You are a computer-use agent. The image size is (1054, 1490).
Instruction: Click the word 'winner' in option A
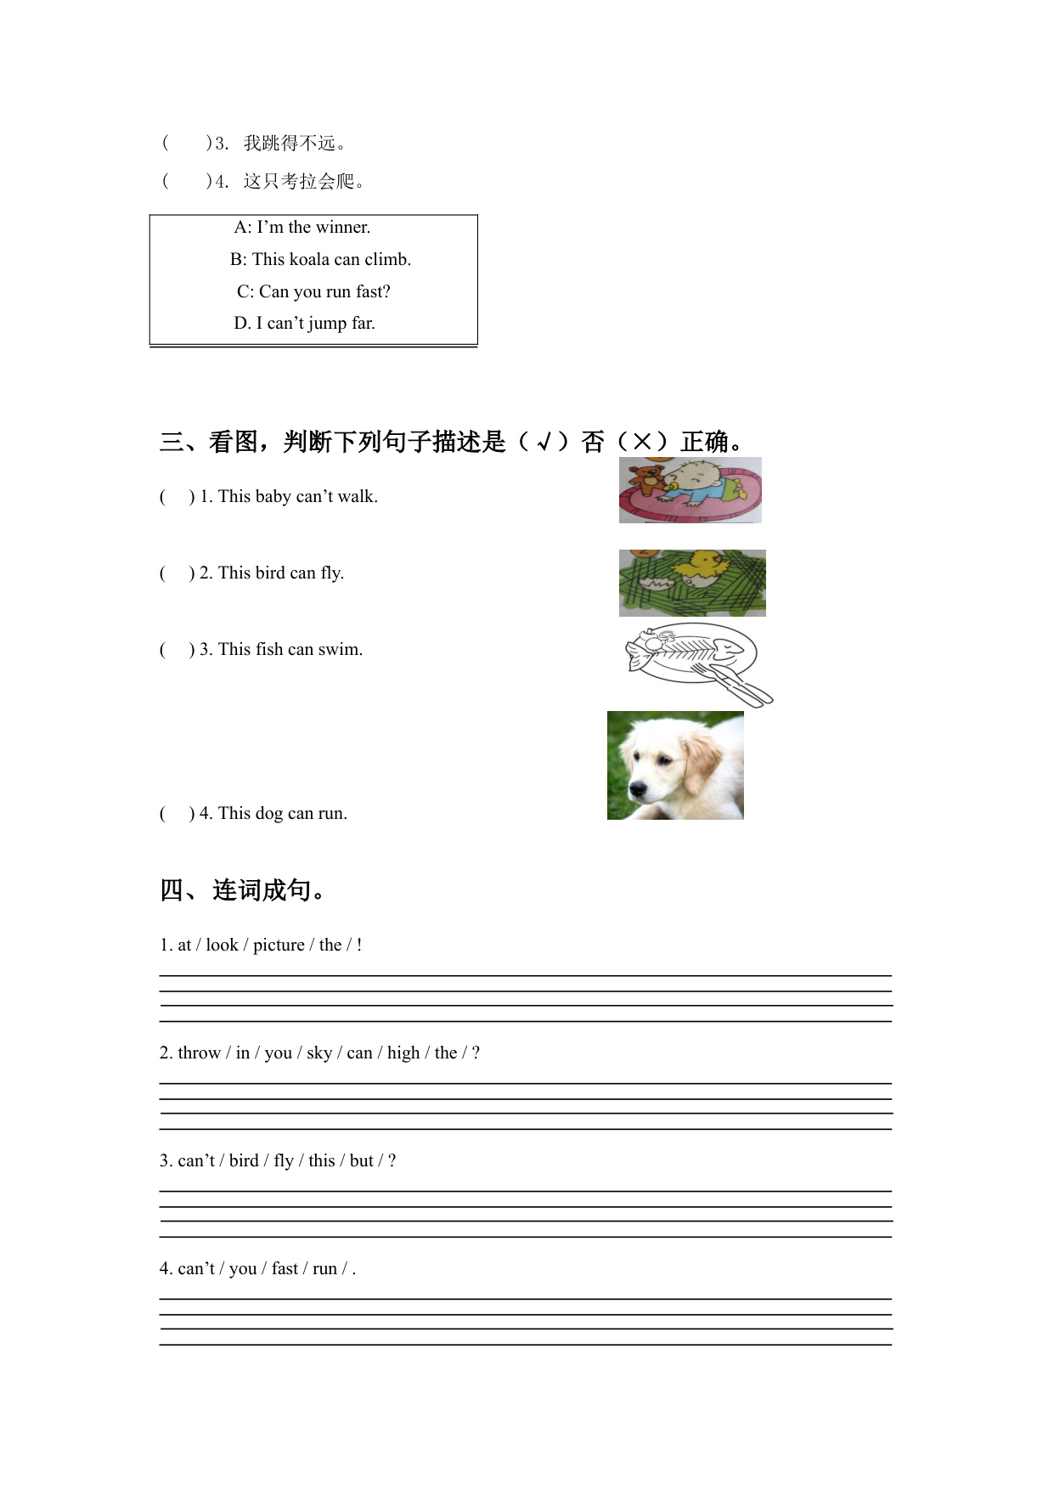342,228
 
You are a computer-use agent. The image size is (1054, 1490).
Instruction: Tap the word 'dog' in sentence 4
269,814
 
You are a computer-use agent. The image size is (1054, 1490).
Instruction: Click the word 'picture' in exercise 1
279,945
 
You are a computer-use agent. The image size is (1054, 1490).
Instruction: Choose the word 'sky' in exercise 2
319,1053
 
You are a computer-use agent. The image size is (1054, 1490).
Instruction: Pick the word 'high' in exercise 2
403,1053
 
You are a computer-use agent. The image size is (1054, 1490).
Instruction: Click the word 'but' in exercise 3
362,1161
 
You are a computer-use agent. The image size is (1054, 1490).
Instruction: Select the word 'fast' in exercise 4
285,1269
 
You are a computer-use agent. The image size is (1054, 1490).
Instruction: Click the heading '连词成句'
262,890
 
